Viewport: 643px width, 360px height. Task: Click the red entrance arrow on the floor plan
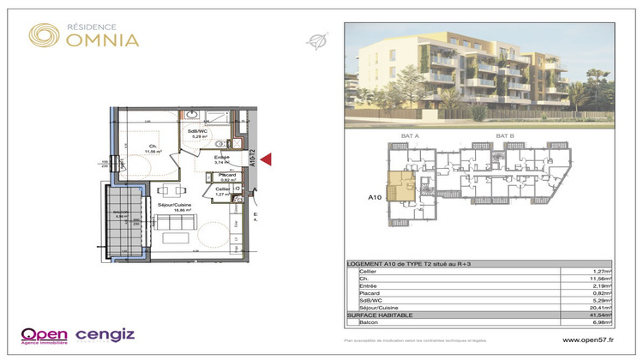point(267,159)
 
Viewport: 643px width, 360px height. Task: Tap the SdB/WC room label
point(199,133)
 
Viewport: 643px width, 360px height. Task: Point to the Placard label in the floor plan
point(227,176)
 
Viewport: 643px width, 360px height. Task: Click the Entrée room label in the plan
point(222,158)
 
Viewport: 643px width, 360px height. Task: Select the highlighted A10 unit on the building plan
point(400,186)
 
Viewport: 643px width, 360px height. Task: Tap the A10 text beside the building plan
point(374,197)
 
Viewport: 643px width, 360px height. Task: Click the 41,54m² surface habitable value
point(597,316)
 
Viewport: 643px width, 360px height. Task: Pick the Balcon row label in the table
point(369,322)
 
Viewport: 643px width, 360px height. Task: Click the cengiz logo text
point(105,333)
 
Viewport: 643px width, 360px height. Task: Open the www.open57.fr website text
point(586,339)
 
